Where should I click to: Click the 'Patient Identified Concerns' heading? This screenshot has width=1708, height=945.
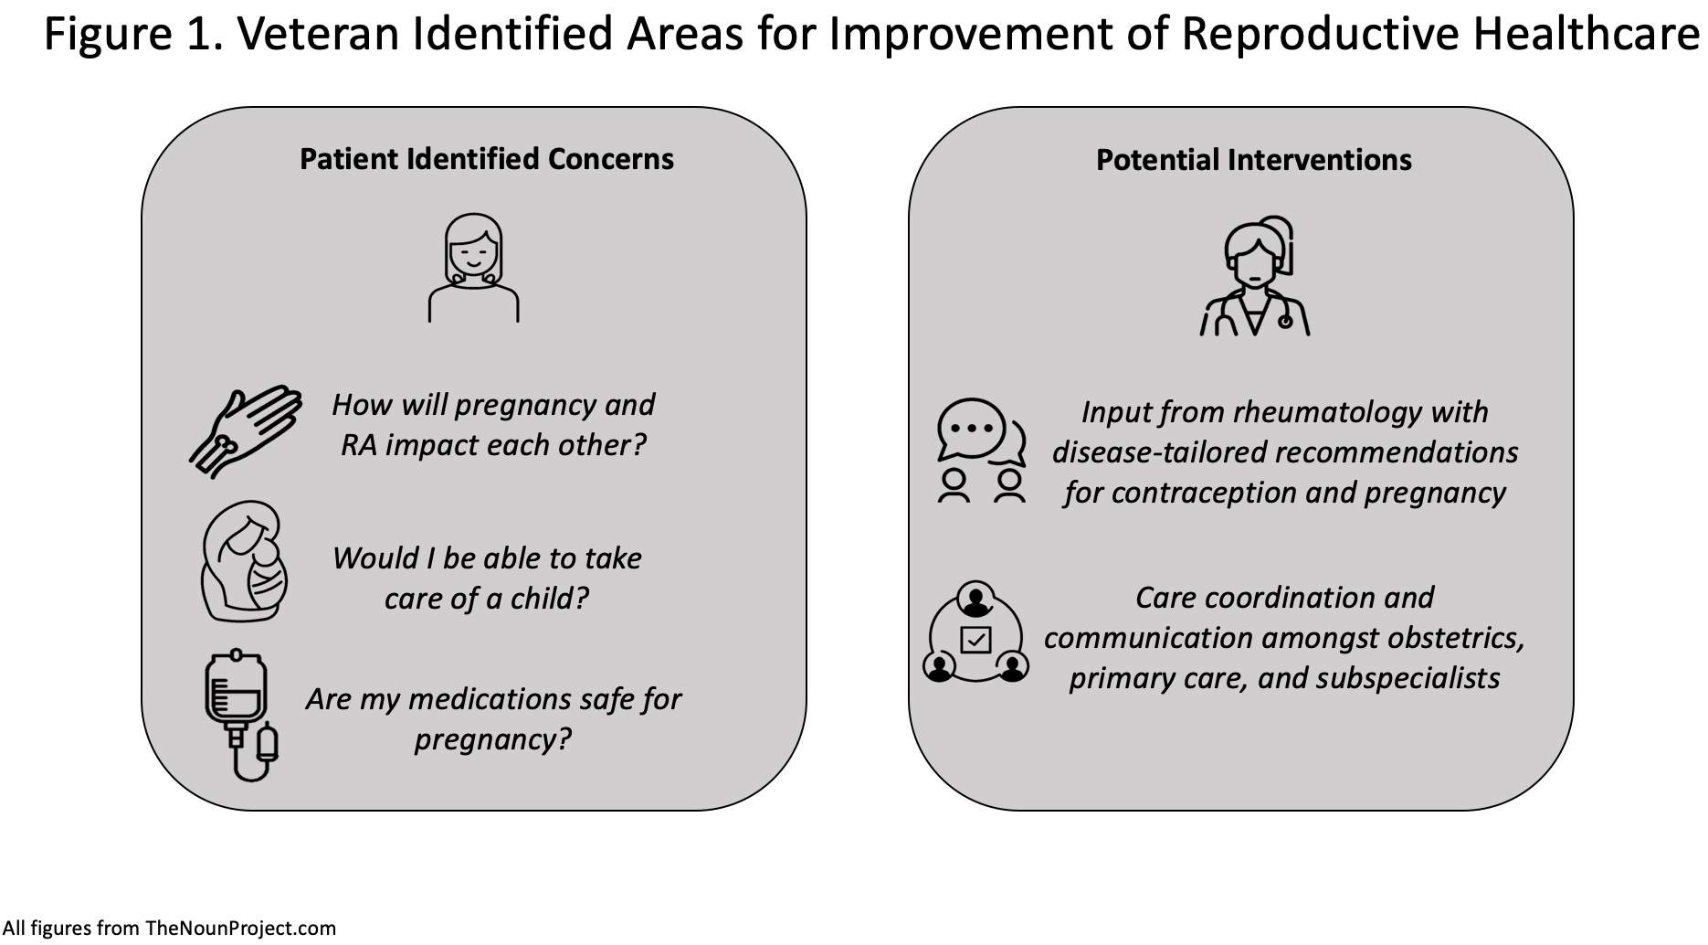[x=487, y=159]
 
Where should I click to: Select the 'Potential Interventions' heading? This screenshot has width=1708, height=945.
[x=1254, y=160]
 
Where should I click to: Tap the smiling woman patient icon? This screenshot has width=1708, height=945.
[x=474, y=268]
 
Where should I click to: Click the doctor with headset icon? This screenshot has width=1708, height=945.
[x=1254, y=276]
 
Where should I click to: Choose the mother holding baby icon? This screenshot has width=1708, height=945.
[x=245, y=561]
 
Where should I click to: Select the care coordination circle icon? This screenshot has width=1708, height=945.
[x=976, y=633]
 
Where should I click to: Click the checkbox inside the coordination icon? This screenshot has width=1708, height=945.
[x=976, y=639]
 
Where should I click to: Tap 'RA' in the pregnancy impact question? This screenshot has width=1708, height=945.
[x=359, y=445]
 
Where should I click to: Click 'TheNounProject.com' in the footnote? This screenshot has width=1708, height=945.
[x=241, y=929]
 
